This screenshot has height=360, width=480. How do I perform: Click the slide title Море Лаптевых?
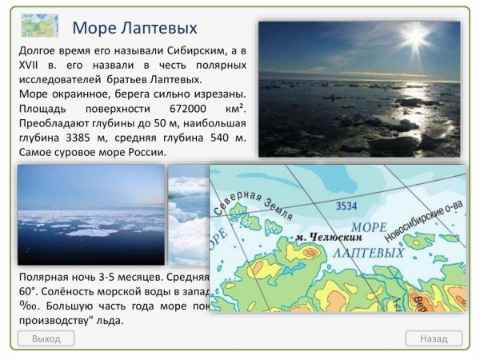click(x=134, y=28)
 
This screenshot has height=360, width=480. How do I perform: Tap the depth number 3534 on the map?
click(x=346, y=206)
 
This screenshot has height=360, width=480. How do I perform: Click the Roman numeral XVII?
click(x=30, y=65)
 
